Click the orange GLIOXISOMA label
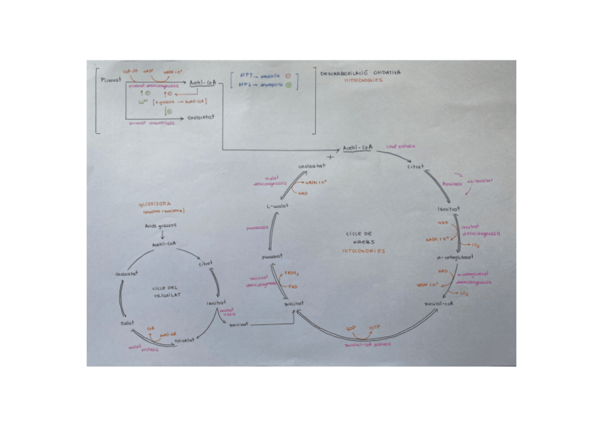point(154,203)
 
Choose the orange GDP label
point(350,329)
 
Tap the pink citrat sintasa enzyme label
point(400,147)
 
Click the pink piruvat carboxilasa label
point(146,122)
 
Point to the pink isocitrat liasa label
point(226,313)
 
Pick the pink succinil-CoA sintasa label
point(367,344)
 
